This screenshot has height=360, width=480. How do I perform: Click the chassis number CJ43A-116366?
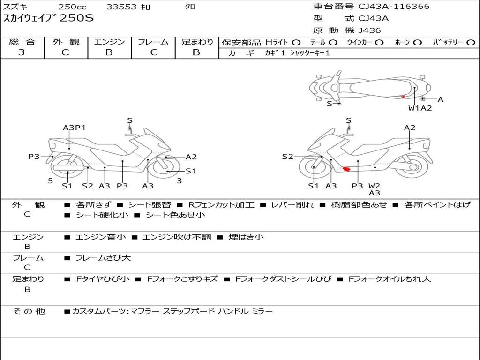tap(394, 7)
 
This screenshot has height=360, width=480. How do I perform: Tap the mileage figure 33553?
tap(121, 7)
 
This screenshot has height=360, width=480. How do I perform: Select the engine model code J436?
tap(369, 30)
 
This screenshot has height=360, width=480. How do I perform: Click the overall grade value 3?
tap(22, 52)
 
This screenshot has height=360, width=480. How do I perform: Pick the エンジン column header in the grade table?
tap(109, 42)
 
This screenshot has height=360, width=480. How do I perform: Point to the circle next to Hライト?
tap(296, 42)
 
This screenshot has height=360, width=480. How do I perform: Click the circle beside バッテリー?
tap(471, 42)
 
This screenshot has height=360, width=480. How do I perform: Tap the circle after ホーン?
tap(417, 42)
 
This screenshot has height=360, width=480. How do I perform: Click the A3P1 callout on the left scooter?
tap(74, 127)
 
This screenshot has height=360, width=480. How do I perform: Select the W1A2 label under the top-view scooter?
tap(420, 108)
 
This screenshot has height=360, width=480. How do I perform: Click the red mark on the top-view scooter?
tap(403, 96)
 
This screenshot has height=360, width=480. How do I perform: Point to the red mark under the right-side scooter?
tap(347, 169)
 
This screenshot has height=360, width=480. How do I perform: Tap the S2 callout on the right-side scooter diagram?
tap(287, 157)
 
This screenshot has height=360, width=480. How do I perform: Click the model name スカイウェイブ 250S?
tap(49, 19)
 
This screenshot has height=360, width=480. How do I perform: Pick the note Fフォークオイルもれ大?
tap(390, 279)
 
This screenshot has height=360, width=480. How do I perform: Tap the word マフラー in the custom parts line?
tap(144, 311)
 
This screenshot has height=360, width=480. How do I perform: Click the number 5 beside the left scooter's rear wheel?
tap(50, 180)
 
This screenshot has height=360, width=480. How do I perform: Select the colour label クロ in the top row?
tap(190, 7)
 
